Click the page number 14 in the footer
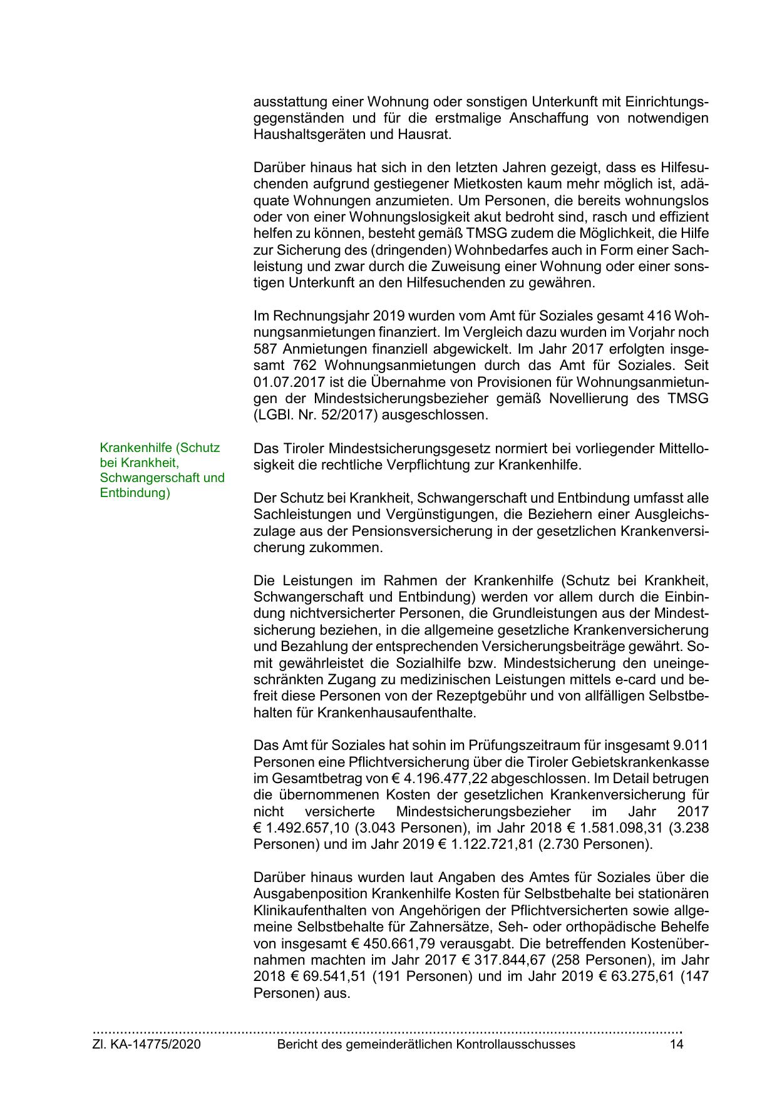coord(676,1044)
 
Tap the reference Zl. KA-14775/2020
coord(147,1044)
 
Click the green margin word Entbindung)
coord(135,493)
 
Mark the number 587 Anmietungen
coord(265,348)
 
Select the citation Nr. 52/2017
coord(336,414)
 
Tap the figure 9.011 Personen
coord(690,746)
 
